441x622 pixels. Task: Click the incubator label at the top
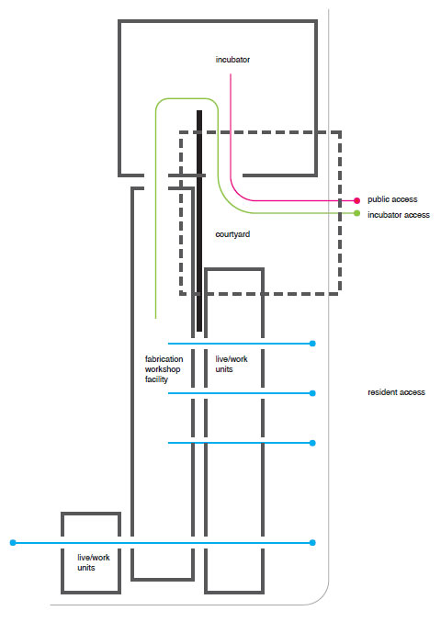pos(232,60)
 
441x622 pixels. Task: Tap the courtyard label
pos(232,234)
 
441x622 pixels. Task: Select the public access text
pos(392,199)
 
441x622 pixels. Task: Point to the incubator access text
pos(399,215)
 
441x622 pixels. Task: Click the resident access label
pos(396,392)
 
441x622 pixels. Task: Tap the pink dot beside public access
pos(356,200)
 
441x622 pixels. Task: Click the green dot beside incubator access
pos(356,213)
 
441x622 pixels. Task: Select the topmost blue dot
pos(312,344)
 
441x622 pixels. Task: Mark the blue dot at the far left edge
pos(13,542)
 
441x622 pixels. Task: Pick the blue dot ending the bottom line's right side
pos(312,542)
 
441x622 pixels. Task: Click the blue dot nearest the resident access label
pos(312,393)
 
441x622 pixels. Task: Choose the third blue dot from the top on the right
pos(312,443)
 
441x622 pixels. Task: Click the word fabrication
pos(164,359)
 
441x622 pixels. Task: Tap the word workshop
pos(163,369)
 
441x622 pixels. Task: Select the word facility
pos(156,379)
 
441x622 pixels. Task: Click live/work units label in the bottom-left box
pos(94,562)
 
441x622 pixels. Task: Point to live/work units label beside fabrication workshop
pos(232,364)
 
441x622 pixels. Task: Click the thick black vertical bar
pos(199,221)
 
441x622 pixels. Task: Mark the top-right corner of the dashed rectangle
pos(340,132)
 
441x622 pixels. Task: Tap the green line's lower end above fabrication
pos(156,318)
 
